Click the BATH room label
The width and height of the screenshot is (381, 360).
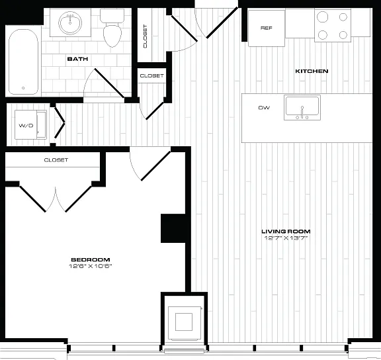[77, 59]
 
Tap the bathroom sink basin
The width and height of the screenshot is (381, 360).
[70, 23]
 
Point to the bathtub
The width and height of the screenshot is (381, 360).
[23, 62]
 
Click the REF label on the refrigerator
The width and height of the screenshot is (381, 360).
[267, 28]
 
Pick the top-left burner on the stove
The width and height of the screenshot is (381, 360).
[322, 17]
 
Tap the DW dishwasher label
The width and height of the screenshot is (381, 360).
[264, 107]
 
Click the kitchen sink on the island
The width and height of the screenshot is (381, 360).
[302, 107]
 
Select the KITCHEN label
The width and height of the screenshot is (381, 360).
[312, 71]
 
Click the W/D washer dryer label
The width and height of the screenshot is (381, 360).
[26, 126]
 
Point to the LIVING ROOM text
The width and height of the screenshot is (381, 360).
[286, 231]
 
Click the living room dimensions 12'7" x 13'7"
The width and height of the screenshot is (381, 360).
[286, 238]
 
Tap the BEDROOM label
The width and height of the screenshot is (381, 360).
[91, 259]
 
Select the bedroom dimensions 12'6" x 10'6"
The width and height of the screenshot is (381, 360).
[91, 266]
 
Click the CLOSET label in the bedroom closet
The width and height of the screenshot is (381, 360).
[56, 159]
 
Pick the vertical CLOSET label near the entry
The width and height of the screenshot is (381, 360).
[145, 36]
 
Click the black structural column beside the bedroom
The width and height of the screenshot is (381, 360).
[173, 228]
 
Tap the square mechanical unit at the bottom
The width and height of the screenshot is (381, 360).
[184, 322]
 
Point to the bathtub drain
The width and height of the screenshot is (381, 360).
[23, 88]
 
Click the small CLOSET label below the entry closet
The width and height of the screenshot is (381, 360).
[151, 76]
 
